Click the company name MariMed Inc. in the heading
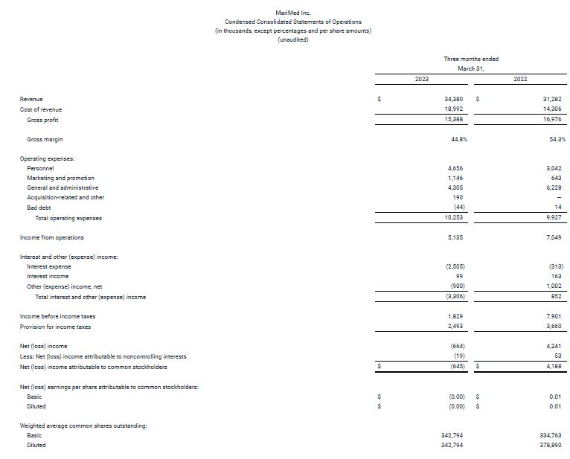pyautogui.click(x=292, y=13)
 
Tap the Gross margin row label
pyautogui.click(x=45, y=139)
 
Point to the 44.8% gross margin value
pyautogui.click(x=458, y=139)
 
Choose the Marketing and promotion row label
pyautogui.click(x=60, y=178)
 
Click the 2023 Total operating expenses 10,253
pyautogui.click(x=455, y=218)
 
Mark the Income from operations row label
pyautogui.click(x=51, y=237)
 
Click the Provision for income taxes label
pyautogui.click(x=55, y=327)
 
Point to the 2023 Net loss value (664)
pyautogui.click(x=458, y=346)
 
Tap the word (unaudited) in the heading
pyautogui.click(x=292, y=39)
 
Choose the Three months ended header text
pyautogui.click(x=471, y=59)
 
